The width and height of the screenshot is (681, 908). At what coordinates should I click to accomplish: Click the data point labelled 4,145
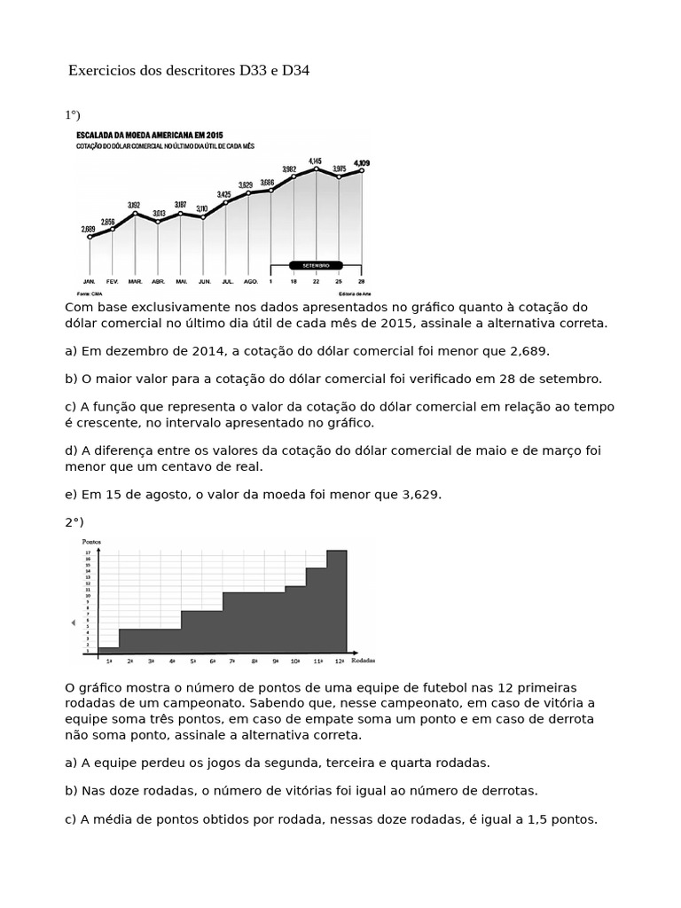click(316, 168)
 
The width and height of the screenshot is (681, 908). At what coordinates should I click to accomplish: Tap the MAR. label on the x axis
click(135, 281)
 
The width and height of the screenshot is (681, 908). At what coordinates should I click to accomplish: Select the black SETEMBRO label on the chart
click(316, 264)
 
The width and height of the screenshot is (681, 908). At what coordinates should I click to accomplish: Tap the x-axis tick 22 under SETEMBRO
click(316, 281)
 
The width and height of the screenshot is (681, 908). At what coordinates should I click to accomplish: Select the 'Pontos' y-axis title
click(91, 541)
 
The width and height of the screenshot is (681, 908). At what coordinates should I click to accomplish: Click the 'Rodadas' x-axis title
click(364, 661)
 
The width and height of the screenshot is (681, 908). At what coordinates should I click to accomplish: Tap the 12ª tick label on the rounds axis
click(340, 661)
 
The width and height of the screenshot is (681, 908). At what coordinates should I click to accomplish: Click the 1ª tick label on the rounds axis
click(108, 661)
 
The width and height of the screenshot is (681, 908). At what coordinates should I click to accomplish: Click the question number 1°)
click(73, 114)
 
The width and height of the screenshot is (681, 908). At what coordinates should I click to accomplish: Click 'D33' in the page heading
click(255, 70)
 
